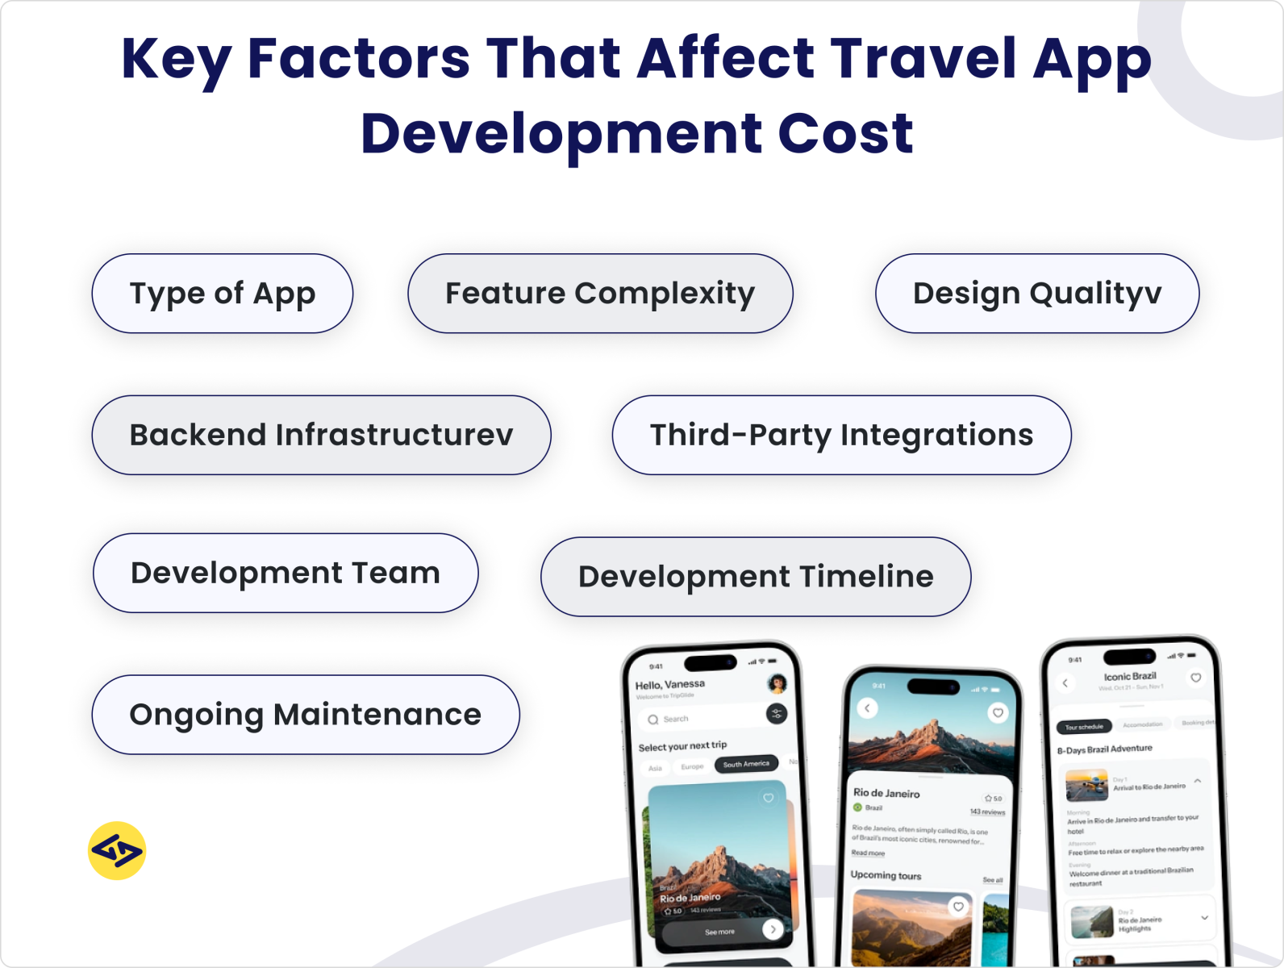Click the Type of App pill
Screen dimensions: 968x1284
coord(223,294)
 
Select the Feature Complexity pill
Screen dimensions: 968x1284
coord(600,294)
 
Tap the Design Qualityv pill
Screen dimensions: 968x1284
coord(1037,294)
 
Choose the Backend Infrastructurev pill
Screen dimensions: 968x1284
coord(321,435)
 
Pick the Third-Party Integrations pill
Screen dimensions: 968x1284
coord(841,435)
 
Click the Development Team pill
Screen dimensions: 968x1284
coord(286,573)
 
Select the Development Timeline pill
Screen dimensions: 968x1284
coord(756,577)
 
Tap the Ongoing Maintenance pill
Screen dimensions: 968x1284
coord(306,715)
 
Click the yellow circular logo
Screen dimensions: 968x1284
coord(117,851)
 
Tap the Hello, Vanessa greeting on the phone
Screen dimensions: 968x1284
coord(669,685)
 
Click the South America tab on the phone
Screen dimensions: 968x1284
coord(746,764)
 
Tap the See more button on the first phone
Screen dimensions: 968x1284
coord(720,932)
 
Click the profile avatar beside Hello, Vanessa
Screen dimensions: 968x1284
coord(777,684)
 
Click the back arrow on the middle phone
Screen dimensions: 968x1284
coord(867,708)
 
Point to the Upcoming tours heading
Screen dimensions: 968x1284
coord(886,875)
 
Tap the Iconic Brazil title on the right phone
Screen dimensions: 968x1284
coord(1130,676)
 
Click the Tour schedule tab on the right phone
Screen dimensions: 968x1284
coord(1084,727)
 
